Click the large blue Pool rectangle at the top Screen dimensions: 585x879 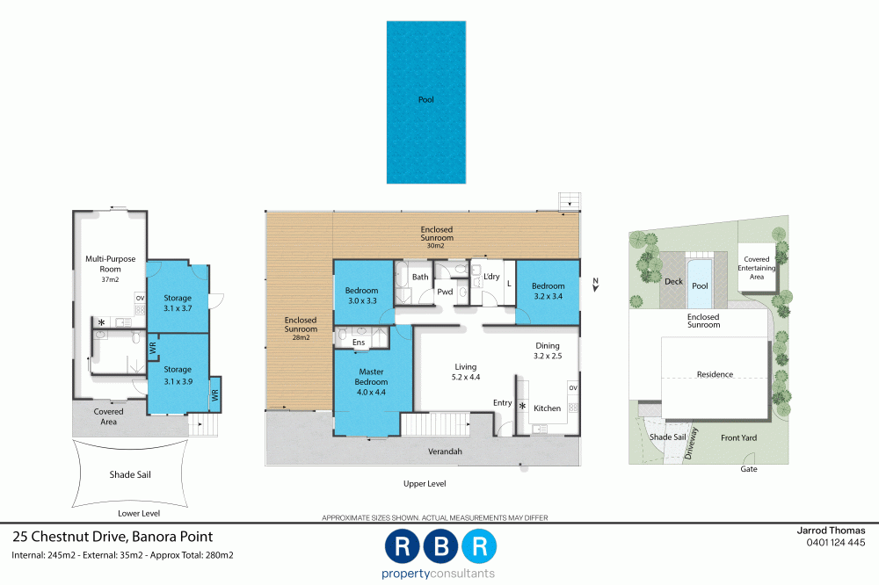point(425,102)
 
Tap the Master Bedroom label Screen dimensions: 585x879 point(371,376)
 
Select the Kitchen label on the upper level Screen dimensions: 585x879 point(547,408)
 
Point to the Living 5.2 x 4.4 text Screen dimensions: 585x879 point(464,372)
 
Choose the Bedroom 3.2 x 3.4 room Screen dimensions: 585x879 point(548,291)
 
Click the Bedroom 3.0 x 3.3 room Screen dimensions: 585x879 point(361,296)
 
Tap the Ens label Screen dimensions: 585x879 point(359,342)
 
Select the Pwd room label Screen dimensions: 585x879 point(445,291)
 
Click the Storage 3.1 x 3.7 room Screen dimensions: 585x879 point(177,303)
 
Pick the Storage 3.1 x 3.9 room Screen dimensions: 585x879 point(177,374)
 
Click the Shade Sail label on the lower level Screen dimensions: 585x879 point(129,474)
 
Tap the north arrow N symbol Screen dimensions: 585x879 point(595,282)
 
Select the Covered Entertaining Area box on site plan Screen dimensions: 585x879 point(757,267)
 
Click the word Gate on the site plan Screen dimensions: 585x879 point(748,469)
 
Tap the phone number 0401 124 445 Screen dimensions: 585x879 point(836,543)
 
